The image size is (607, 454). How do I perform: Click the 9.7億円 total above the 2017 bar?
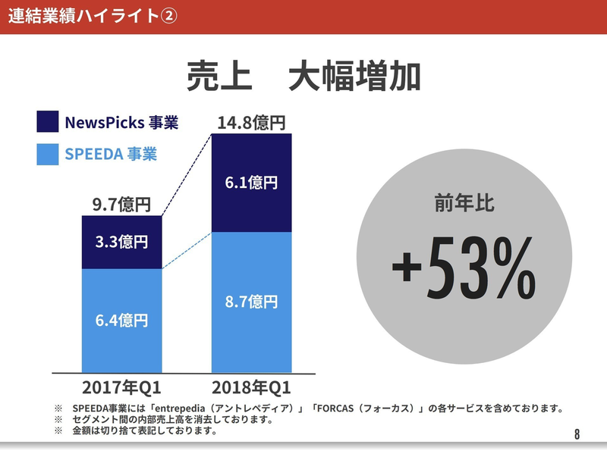[121, 204]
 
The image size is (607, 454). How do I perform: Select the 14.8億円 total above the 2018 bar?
[251, 121]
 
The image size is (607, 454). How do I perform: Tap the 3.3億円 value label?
[121, 243]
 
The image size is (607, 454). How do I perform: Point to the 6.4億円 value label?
[121, 320]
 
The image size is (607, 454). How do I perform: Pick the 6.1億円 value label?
[251, 183]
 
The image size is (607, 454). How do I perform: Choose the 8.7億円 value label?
[251, 301]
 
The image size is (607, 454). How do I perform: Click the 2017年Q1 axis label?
[121, 388]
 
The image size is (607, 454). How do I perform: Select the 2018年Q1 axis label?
[251, 388]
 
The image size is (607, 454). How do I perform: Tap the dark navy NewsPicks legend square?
[47, 122]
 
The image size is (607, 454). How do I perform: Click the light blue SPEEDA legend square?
[47, 154]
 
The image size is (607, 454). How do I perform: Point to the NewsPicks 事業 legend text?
[121, 122]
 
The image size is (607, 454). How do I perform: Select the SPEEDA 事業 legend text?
[111, 154]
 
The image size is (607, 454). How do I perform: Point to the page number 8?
[577, 434]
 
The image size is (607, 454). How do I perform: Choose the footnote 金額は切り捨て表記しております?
[144, 431]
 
